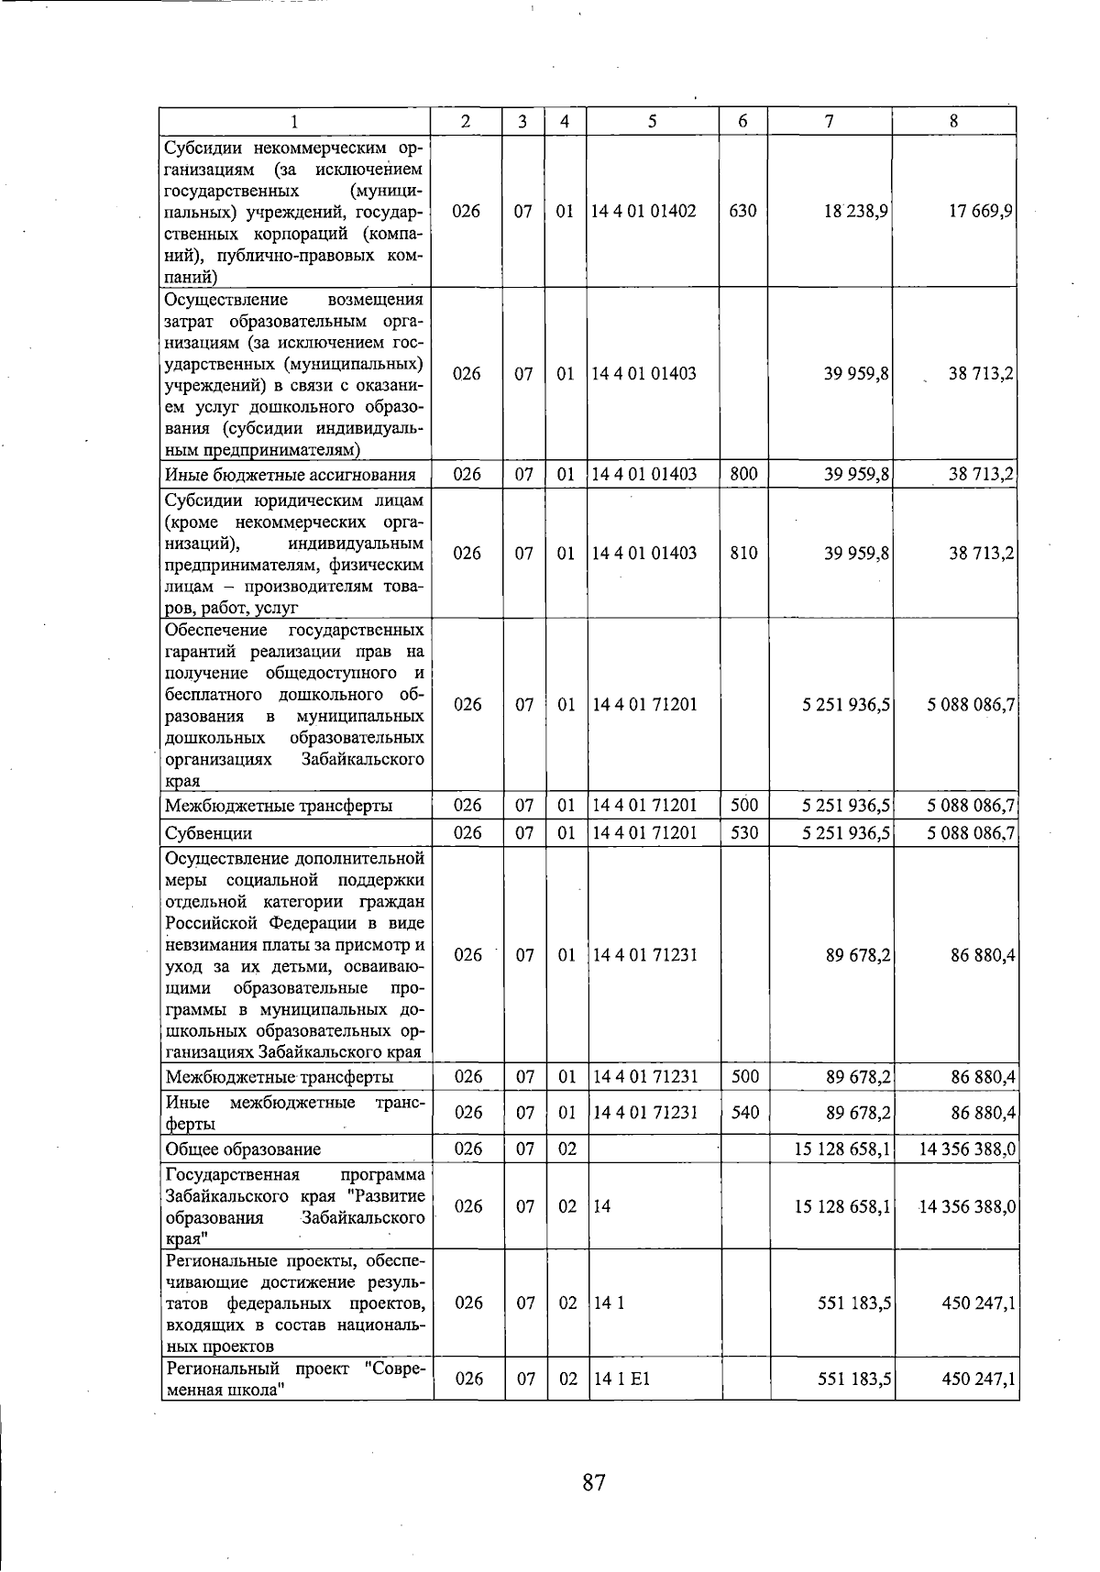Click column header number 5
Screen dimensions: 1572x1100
(x=653, y=121)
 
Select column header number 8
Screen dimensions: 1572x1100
(x=954, y=121)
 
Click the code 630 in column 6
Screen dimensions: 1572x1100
(x=742, y=211)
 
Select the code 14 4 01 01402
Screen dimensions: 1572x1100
(x=643, y=211)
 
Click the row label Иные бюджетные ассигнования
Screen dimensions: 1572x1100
(x=290, y=475)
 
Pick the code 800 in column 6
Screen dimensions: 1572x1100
(x=743, y=474)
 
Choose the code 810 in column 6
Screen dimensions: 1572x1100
(x=743, y=554)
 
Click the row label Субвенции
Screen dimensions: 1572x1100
(x=208, y=833)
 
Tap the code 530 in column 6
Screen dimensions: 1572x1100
(x=744, y=832)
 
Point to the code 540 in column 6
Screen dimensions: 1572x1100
(x=745, y=1112)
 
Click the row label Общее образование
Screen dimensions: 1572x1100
(x=243, y=1149)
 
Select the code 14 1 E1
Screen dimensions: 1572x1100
(x=622, y=1379)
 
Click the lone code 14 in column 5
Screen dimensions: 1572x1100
(x=602, y=1206)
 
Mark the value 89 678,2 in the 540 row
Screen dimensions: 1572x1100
(x=858, y=1112)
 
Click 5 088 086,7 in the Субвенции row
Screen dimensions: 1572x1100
(x=971, y=832)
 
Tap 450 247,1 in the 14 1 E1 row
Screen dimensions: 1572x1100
(x=978, y=1379)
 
